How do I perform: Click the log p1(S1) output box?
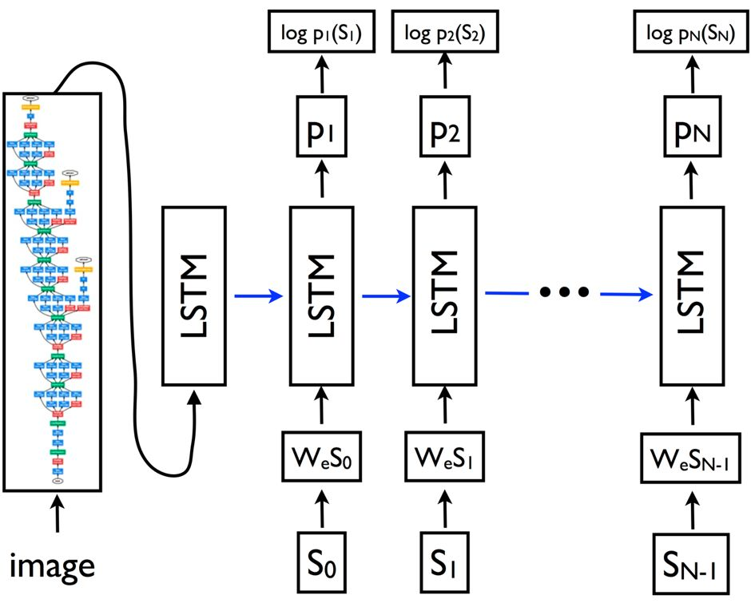(x=321, y=34)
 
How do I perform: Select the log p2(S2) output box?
(x=443, y=34)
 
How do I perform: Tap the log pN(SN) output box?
(x=692, y=34)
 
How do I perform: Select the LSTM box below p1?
(x=321, y=295)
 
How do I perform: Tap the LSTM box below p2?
(x=443, y=295)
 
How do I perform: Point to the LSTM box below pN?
(x=692, y=295)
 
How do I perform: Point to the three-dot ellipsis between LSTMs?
(x=563, y=293)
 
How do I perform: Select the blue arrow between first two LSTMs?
(x=260, y=296)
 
